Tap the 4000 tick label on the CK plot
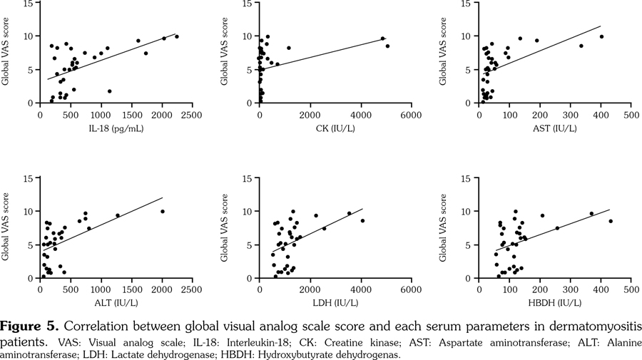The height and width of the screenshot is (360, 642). coord(360,114)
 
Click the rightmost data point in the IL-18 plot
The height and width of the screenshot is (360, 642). coord(177,36)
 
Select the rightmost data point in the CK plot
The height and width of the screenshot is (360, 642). coord(387,46)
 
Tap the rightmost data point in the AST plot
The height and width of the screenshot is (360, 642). coord(601,36)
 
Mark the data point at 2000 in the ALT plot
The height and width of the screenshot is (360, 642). coord(163,211)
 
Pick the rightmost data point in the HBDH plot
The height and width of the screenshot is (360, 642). coord(611,221)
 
